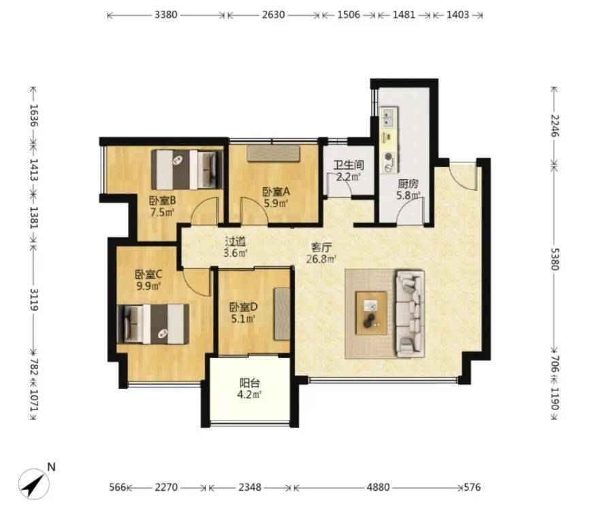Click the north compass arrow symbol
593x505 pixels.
coord(34,483)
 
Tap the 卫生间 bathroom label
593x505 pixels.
coord(349,165)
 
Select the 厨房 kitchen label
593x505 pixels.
coord(408,185)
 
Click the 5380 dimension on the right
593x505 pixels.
coord(554,259)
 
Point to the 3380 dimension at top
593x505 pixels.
coord(166,15)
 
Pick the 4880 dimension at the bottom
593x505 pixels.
coord(378,487)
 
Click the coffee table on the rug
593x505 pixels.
coord(371,313)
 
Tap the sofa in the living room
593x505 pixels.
coord(410,313)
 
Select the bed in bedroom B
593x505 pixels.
coord(187,169)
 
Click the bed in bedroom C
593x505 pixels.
coord(153,324)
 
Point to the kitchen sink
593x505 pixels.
coord(389,117)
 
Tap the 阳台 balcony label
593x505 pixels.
coord(250,383)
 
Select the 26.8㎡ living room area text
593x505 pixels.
coord(321,259)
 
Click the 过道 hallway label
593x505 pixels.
coord(236,241)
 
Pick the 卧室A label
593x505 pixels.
coord(276,192)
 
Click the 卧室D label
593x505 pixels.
coord(244,307)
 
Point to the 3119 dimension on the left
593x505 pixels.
coord(35,299)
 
